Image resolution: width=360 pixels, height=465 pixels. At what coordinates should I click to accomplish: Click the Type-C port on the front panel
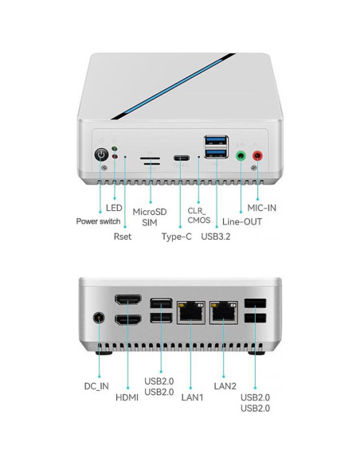click(181, 158)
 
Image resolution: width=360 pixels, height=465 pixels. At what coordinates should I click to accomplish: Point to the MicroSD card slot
click(149, 158)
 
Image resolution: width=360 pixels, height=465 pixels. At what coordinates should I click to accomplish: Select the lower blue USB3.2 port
click(214, 154)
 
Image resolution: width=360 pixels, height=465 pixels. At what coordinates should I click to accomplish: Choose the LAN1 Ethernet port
click(190, 312)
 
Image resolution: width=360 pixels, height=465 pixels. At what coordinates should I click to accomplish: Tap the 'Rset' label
click(122, 236)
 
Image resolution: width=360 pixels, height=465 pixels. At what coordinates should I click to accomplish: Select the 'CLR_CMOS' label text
click(198, 213)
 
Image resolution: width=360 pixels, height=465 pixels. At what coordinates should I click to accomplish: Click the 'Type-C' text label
click(176, 236)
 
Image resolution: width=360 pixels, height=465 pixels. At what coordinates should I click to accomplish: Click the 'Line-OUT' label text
click(242, 221)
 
